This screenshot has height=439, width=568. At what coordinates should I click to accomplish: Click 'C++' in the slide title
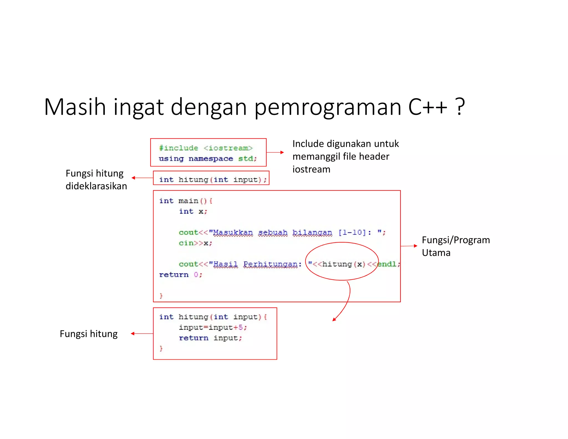(427, 107)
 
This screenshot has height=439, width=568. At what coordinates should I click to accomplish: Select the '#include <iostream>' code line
(206, 148)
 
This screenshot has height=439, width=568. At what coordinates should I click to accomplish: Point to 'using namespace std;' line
(208, 159)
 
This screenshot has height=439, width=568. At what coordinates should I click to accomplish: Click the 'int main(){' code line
(186, 201)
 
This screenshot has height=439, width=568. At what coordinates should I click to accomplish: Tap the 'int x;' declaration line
(193, 211)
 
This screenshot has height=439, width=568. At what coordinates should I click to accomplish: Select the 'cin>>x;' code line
(195, 243)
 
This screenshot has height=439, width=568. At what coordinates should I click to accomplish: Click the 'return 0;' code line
(181, 275)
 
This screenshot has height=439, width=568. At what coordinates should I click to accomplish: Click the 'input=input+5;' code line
(213, 327)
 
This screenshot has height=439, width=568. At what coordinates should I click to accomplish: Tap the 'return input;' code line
(210, 338)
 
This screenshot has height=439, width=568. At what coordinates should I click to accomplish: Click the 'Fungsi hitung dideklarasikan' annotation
(96, 180)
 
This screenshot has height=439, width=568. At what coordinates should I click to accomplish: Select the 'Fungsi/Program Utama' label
(456, 246)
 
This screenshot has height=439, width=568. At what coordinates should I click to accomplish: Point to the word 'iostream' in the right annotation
(311, 169)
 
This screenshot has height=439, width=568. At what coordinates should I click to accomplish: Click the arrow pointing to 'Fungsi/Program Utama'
(409, 246)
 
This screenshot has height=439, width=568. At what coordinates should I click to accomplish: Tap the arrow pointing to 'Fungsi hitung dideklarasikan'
(142, 178)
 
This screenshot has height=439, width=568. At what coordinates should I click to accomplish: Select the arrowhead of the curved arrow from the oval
(334, 319)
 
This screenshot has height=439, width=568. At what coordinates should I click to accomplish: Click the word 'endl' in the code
(387, 264)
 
